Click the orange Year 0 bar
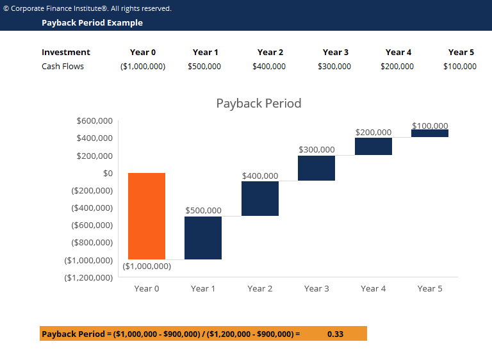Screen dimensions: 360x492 pos(147,216)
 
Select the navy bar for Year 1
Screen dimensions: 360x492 pos(203,238)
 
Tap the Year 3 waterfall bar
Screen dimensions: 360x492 pos(316,168)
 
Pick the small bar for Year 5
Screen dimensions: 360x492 pos(430,133)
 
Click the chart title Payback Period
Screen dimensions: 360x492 pos(258,103)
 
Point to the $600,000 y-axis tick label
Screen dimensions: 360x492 pos(94,120)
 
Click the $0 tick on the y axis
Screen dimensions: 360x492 pos(104,173)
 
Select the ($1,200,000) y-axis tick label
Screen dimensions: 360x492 pos(89,277)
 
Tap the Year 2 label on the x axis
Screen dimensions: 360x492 pos(260,289)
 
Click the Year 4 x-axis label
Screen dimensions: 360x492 pos(373,289)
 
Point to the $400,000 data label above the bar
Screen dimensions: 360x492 pos(260,176)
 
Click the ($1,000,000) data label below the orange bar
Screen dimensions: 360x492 pos(147,266)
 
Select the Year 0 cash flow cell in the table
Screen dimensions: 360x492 pos(143,67)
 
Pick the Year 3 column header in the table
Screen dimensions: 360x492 pos(336,53)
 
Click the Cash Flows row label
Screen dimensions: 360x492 pos(63,67)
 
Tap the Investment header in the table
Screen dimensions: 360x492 pos(66,53)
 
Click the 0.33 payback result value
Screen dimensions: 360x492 pos(335,334)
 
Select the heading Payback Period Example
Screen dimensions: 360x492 pos(92,23)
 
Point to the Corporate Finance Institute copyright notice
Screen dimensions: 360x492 pos(87,8)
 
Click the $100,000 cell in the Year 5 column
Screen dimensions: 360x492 pos(460,67)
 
